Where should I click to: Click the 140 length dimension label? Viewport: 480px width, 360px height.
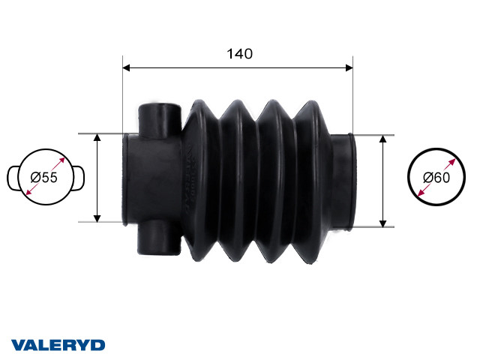tap(240, 54)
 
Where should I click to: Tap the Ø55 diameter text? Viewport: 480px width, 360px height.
tap(44, 178)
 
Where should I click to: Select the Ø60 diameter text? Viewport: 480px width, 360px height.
tap(436, 178)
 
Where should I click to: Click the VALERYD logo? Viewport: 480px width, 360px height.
tap(58, 345)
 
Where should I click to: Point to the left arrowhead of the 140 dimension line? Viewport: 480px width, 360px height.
tap(126, 67)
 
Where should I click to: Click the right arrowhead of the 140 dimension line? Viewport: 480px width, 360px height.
tap(349, 67)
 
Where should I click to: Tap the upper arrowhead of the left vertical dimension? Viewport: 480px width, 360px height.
tap(97, 137)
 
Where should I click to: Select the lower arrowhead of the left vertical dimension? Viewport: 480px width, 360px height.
tap(97, 218)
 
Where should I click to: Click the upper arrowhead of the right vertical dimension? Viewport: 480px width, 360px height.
tap(382, 139)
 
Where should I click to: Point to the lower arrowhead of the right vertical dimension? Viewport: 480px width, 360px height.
tap(382, 223)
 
